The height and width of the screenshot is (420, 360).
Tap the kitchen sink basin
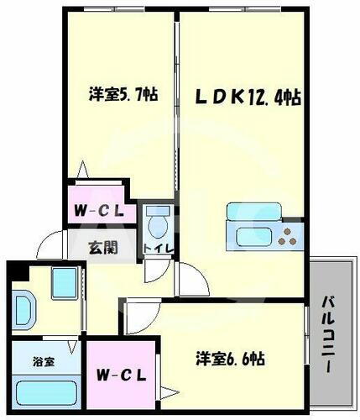pyautogui.click(x=252, y=235)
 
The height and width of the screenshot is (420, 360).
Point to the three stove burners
pyautogui.click(x=290, y=234)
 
